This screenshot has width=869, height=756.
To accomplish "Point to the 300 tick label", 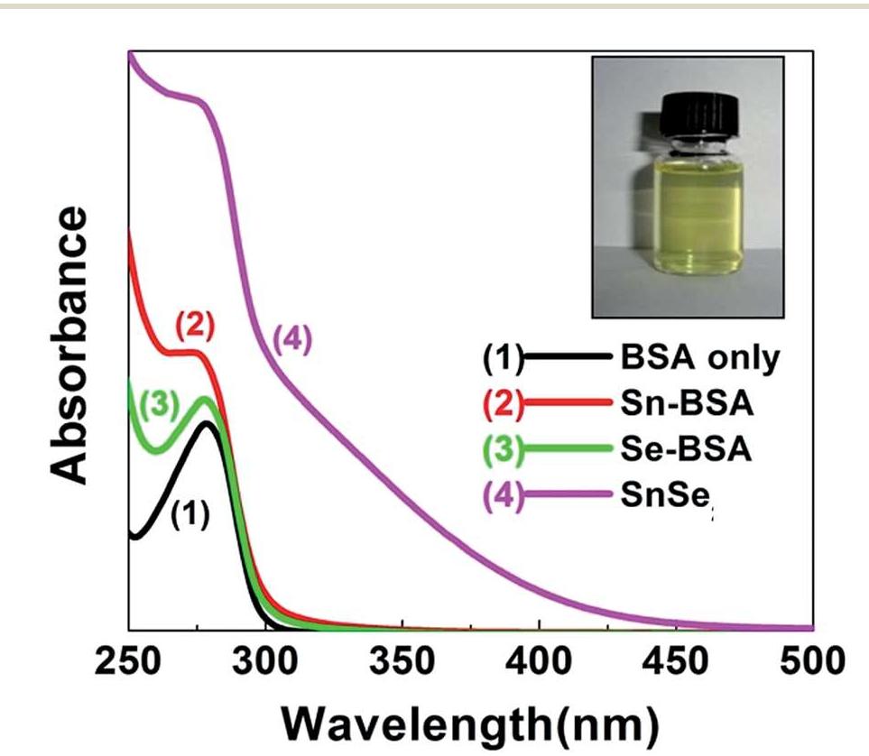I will [265, 663].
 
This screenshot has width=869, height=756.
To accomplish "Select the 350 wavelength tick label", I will [402, 663].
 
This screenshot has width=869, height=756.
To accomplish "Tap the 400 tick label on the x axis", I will [539, 663].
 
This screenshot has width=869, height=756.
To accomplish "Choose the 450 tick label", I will [676, 663].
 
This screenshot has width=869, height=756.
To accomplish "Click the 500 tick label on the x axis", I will [809, 663].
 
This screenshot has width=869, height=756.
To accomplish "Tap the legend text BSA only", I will [698, 359].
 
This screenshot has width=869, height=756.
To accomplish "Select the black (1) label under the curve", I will [189, 516].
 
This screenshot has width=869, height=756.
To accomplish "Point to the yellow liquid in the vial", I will [688, 207].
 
